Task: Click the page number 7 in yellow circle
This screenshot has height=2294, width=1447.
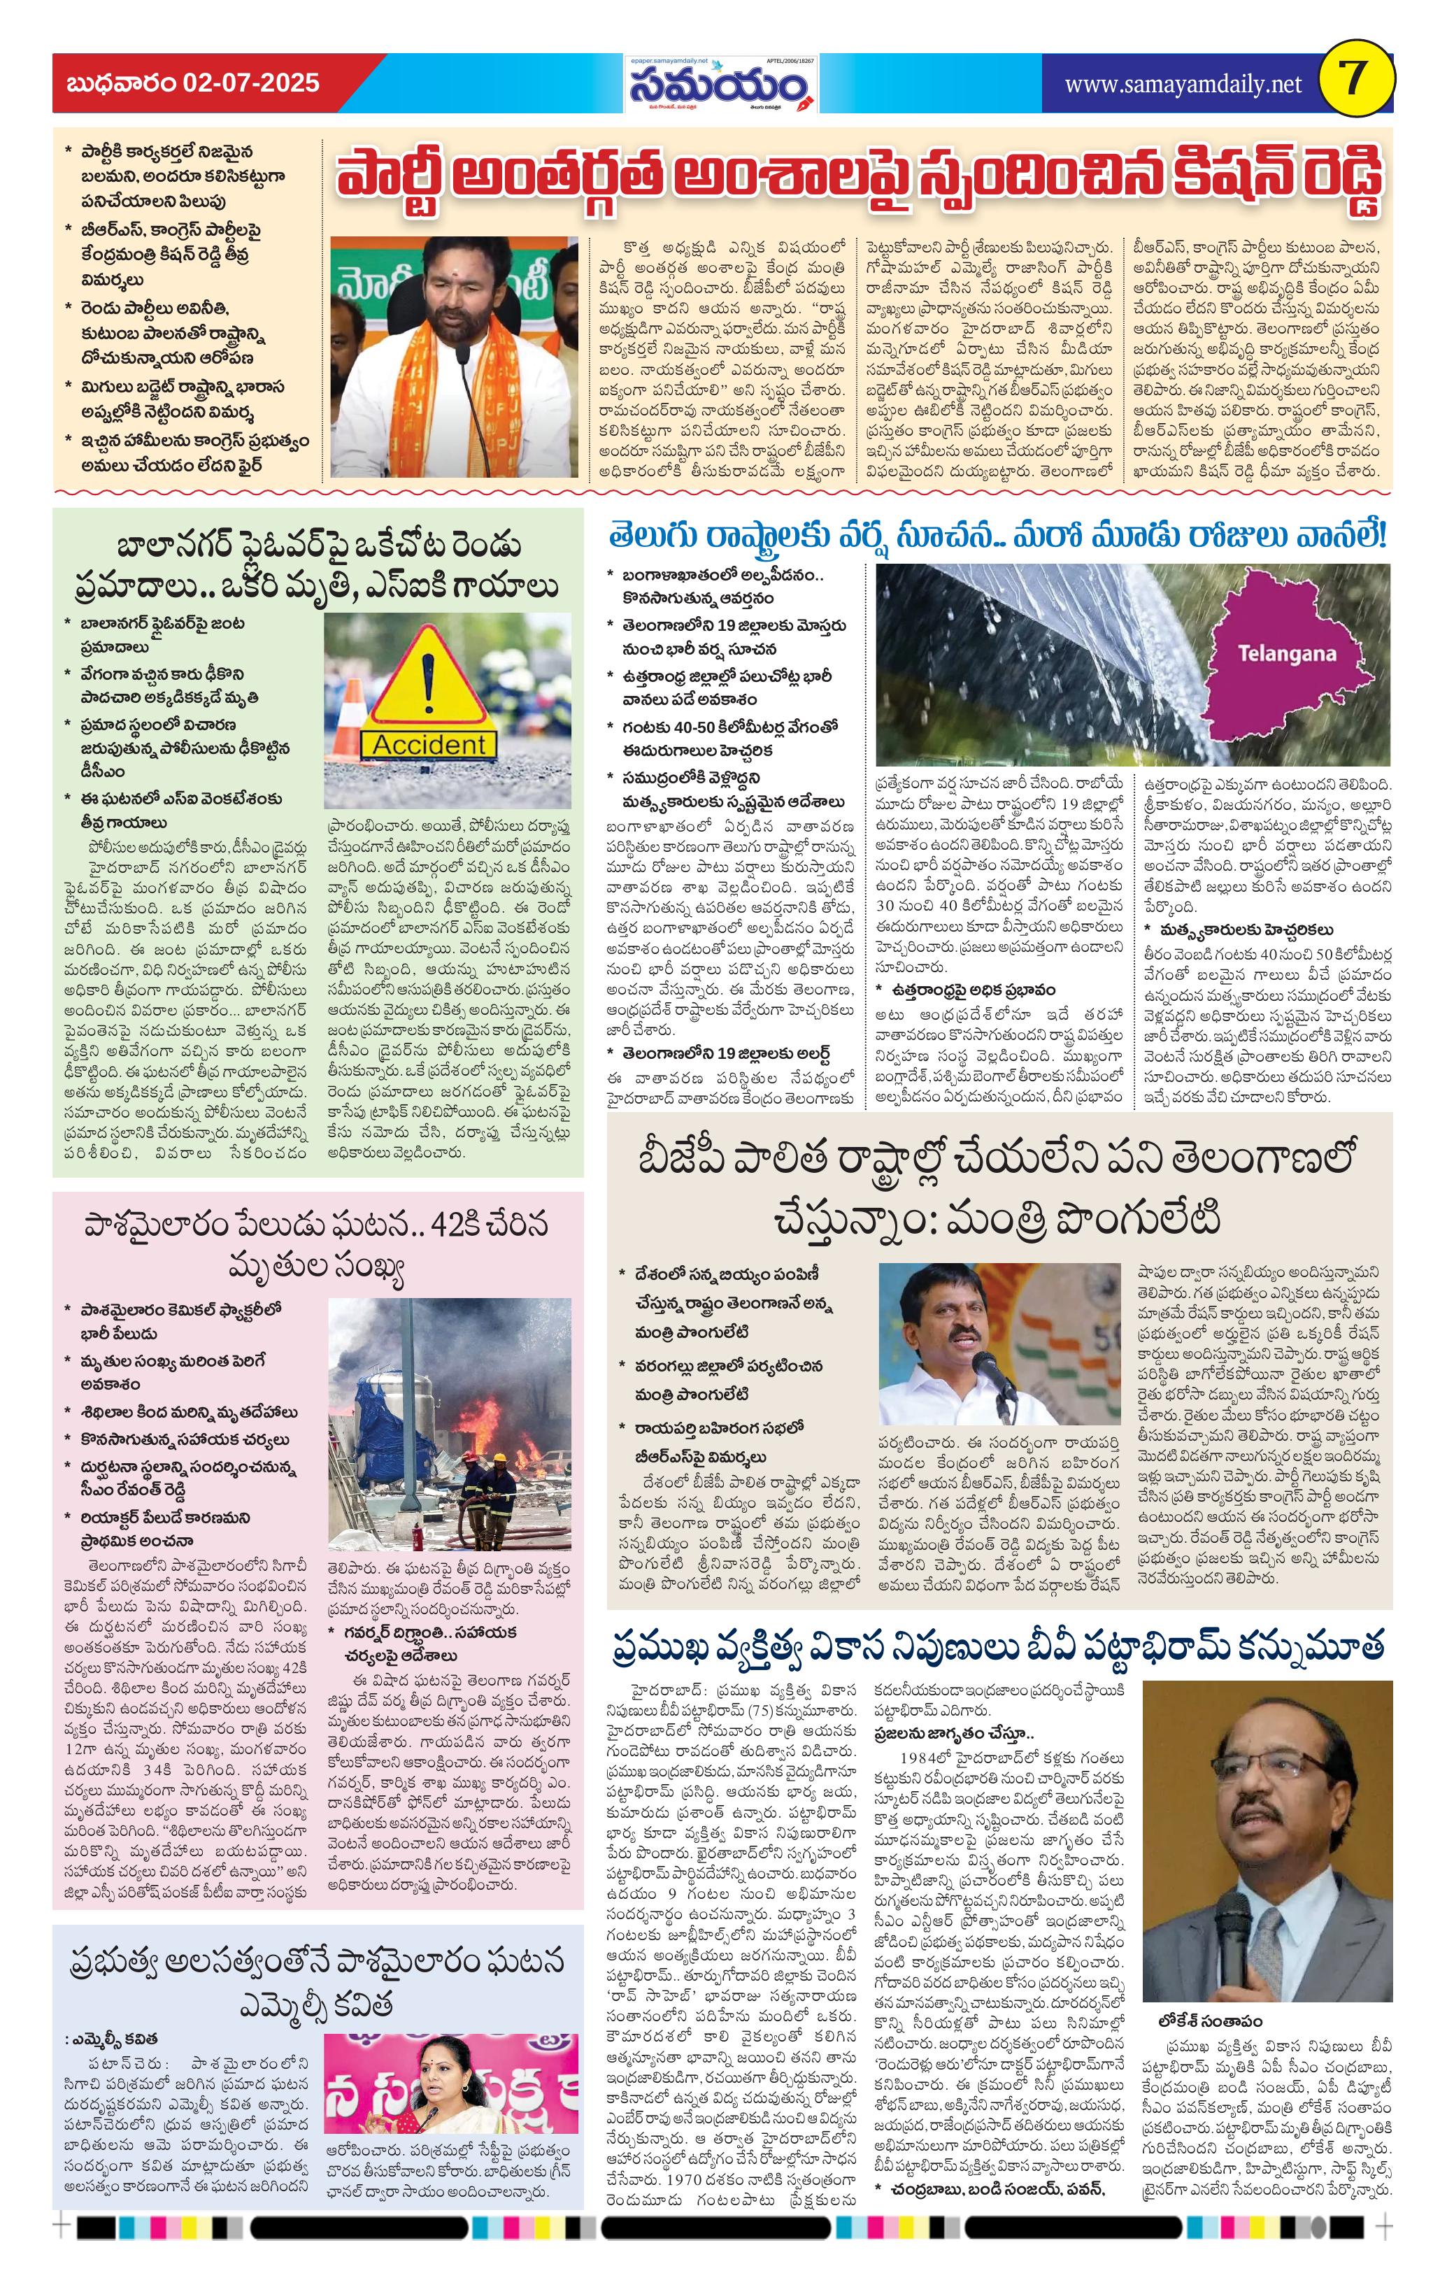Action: click(x=1355, y=82)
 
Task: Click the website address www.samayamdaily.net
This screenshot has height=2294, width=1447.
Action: click(x=1182, y=85)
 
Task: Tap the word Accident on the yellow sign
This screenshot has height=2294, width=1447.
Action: click(x=429, y=744)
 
